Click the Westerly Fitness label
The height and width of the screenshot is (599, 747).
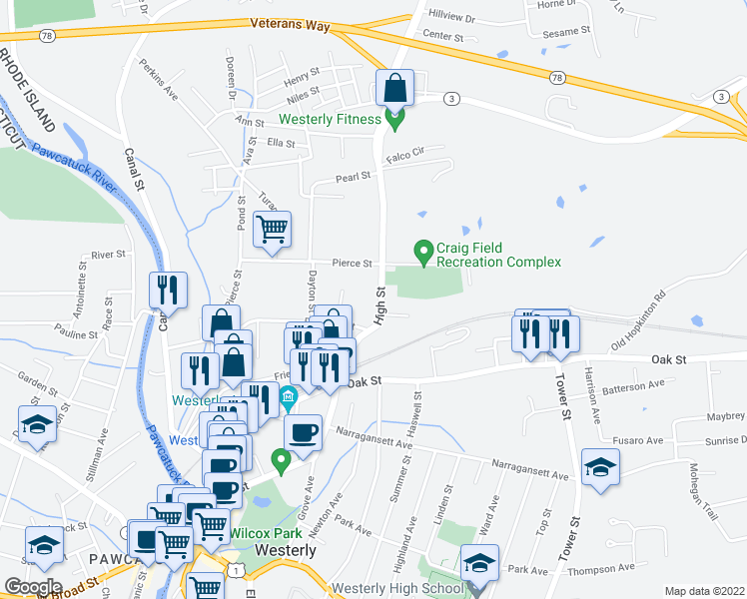point(330,120)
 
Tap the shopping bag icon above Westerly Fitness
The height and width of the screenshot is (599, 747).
point(395,89)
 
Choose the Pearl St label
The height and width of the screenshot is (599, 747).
point(353,177)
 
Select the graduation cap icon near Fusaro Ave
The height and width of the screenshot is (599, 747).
point(601,467)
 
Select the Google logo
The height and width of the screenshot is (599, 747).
point(33,587)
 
